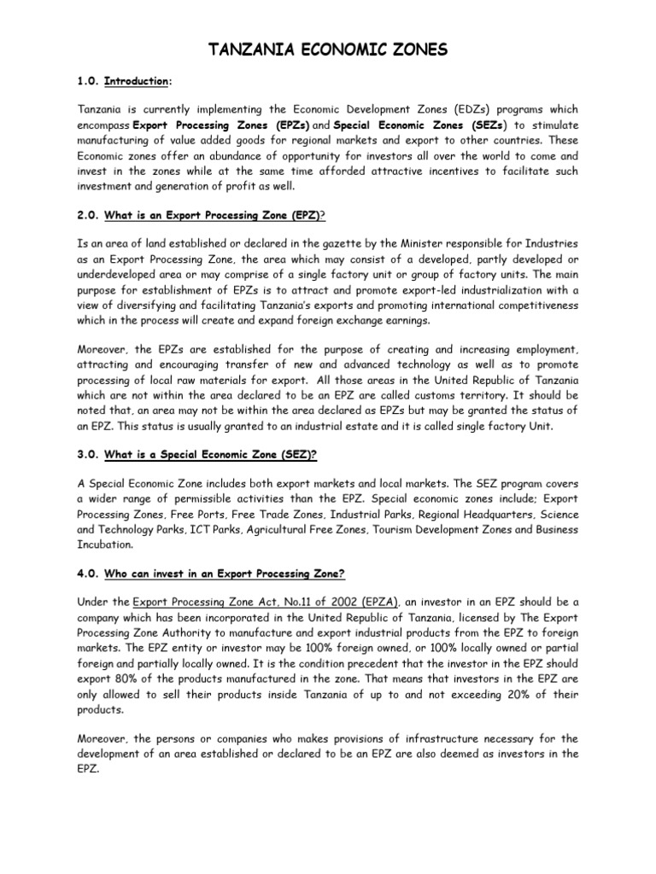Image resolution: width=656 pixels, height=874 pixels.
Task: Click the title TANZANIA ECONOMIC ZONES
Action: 329,50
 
